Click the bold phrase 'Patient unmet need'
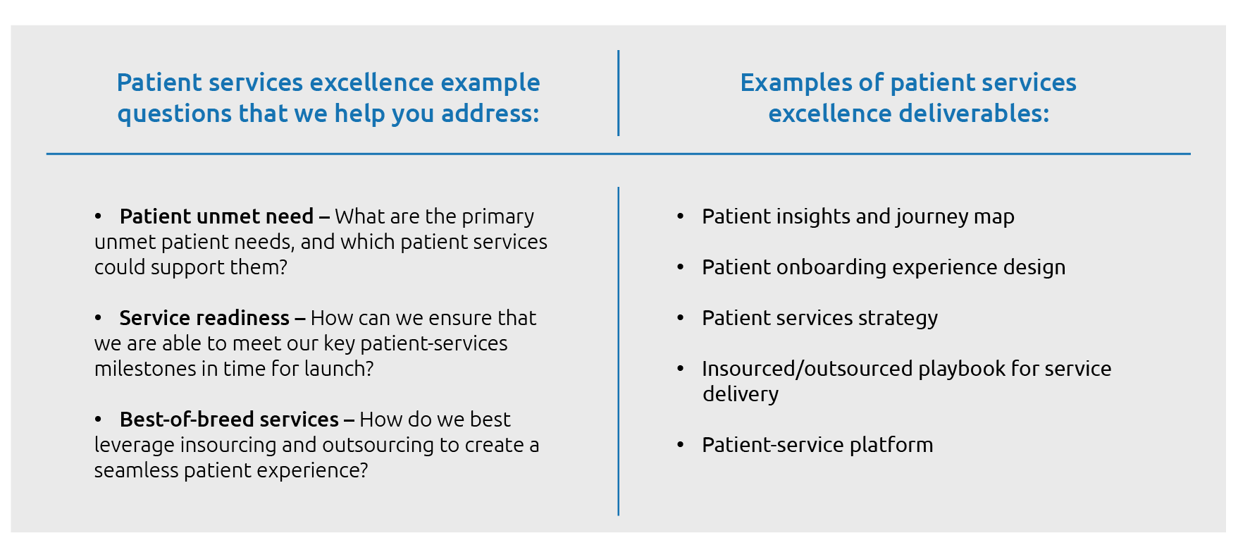pyautogui.click(x=216, y=216)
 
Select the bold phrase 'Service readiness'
pyautogui.click(x=204, y=318)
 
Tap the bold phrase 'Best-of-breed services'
pyautogui.click(x=229, y=420)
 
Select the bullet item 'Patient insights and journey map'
pyautogui.click(x=858, y=217)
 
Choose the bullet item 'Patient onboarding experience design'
pyautogui.click(x=884, y=268)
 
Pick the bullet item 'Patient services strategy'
pyautogui.click(x=819, y=319)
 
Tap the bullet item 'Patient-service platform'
pyautogui.click(x=817, y=445)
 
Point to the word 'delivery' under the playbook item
pyautogui.click(x=741, y=395)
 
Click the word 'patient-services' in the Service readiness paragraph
pyautogui.click(x=434, y=344)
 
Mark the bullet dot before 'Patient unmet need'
pyautogui.click(x=99, y=216)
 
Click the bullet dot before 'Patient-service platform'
pyautogui.click(x=681, y=445)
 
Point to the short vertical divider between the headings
pyautogui.click(x=619, y=93)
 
